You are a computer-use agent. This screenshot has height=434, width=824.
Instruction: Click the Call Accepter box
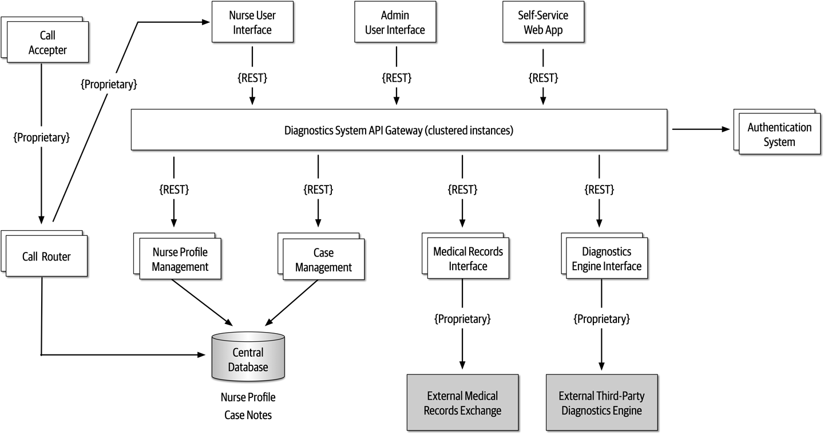coord(47,43)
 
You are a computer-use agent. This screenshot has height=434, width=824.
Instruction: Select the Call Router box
coord(46,257)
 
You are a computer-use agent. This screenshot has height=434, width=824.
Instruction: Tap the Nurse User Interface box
coord(252,23)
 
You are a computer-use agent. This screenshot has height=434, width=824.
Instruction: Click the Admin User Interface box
coord(395,23)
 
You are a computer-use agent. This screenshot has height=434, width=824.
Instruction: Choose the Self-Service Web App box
coord(542,23)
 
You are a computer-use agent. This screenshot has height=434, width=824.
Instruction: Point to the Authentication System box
coord(779,135)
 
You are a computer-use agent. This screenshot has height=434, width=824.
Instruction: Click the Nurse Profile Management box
coord(180,259)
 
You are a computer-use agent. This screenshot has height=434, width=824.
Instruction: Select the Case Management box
coord(323,260)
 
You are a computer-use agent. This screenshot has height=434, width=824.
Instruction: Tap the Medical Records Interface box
coord(468,259)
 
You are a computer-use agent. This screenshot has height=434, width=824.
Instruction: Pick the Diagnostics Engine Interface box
coord(606,259)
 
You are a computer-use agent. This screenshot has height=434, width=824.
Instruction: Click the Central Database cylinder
coord(248,359)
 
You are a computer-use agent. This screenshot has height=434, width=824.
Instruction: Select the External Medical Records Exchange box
coord(462,403)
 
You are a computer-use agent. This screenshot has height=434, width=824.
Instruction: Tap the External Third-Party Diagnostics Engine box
coord(601,403)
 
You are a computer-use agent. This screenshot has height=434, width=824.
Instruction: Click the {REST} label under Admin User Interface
coord(396,77)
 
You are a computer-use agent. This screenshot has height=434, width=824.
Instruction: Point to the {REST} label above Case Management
coord(318,188)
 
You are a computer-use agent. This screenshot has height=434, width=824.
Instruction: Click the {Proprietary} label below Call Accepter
coord(41,137)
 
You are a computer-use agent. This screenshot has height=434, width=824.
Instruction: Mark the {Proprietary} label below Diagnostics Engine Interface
coord(601,319)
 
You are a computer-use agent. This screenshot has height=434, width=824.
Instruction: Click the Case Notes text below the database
coord(248,415)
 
